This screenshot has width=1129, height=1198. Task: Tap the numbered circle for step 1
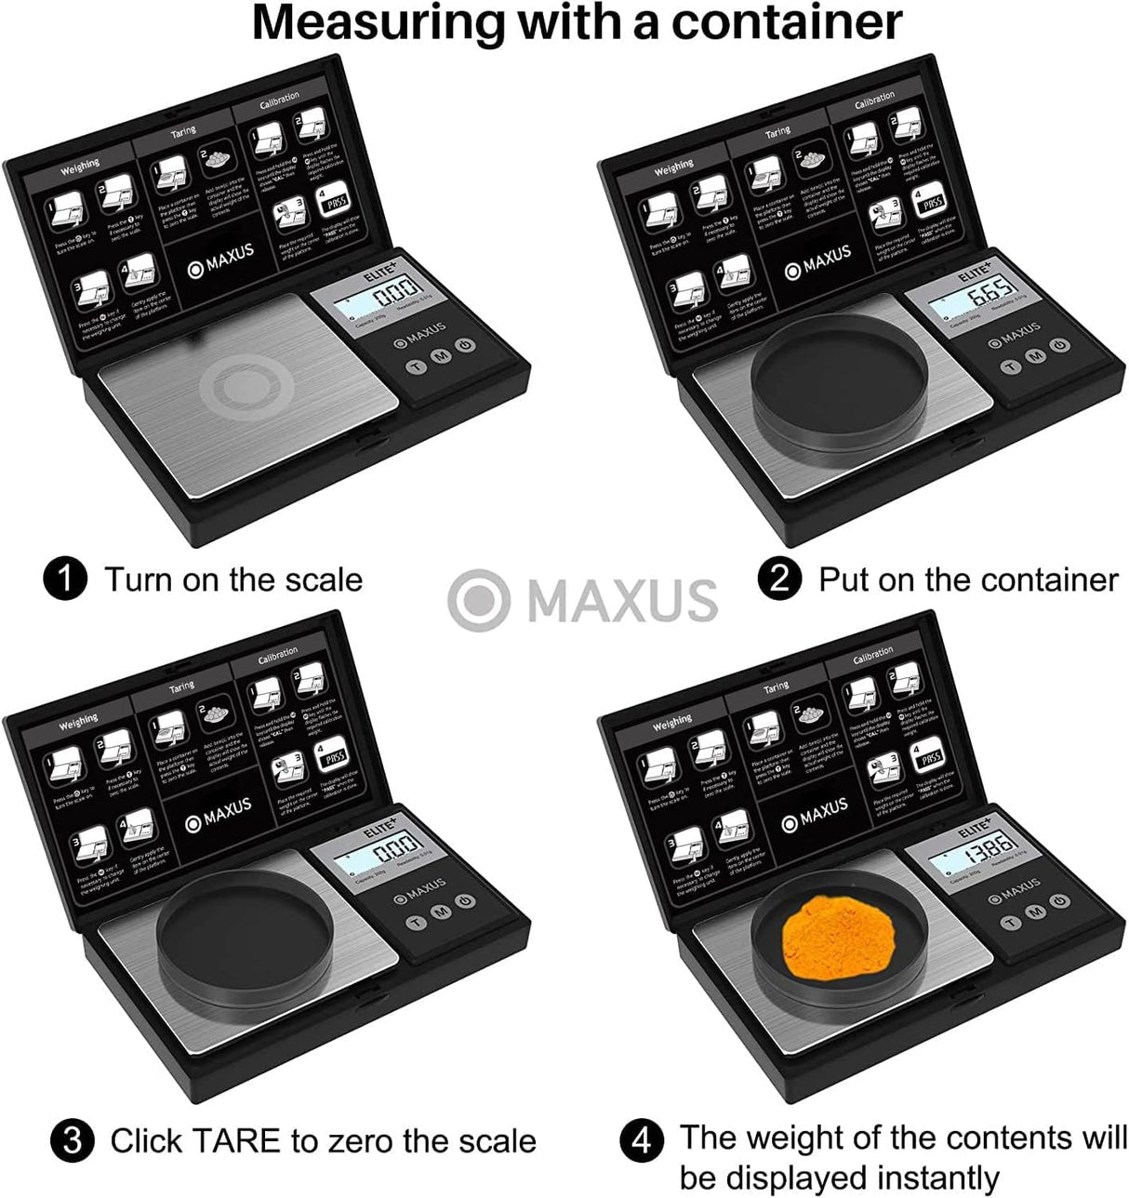[x=65, y=579]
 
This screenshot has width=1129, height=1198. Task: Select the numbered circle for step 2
[x=779, y=579]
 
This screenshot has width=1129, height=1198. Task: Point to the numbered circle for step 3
[x=72, y=1140]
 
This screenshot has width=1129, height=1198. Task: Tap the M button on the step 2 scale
[x=1034, y=356]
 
